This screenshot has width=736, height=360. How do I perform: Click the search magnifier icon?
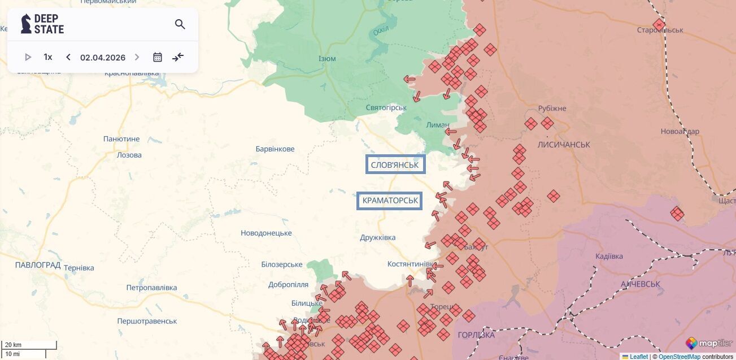click(180, 24)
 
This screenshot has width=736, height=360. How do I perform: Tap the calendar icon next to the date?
click(158, 57)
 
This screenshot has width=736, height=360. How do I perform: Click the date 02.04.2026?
click(103, 57)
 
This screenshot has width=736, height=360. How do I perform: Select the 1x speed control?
click(48, 57)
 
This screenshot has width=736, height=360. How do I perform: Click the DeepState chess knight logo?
click(26, 24)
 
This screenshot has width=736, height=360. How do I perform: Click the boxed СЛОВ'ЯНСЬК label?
click(395, 164)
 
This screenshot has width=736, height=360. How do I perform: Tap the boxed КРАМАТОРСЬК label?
click(390, 201)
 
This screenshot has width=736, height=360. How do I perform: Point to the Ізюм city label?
click(327, 59)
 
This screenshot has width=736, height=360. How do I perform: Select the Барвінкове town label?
click(275, 149)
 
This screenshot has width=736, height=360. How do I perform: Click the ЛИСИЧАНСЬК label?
click(564, 145)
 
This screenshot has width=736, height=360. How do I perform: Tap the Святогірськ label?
click(386, 107)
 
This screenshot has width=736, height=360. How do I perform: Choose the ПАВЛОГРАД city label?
click(38, 265)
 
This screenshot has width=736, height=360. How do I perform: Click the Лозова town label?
click(129, 155)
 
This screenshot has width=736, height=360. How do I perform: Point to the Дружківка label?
click(378, 237)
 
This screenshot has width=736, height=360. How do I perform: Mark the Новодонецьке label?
click(266, 233)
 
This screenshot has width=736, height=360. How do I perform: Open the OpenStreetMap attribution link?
click(679, 357)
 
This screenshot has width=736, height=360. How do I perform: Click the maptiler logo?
click(709, 343)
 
